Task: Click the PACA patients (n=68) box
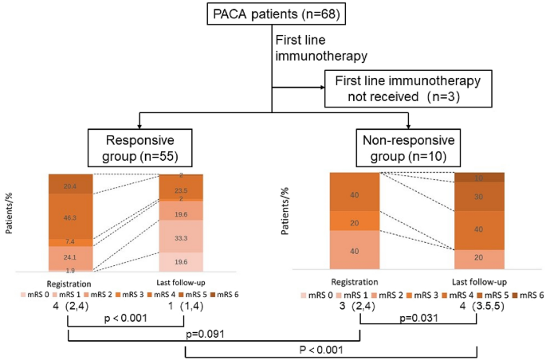tap(273, 14)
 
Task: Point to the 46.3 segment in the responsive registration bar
tap(70, 217)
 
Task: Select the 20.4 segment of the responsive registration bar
tap(70, 186)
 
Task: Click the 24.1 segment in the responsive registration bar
tap(70, 257)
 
